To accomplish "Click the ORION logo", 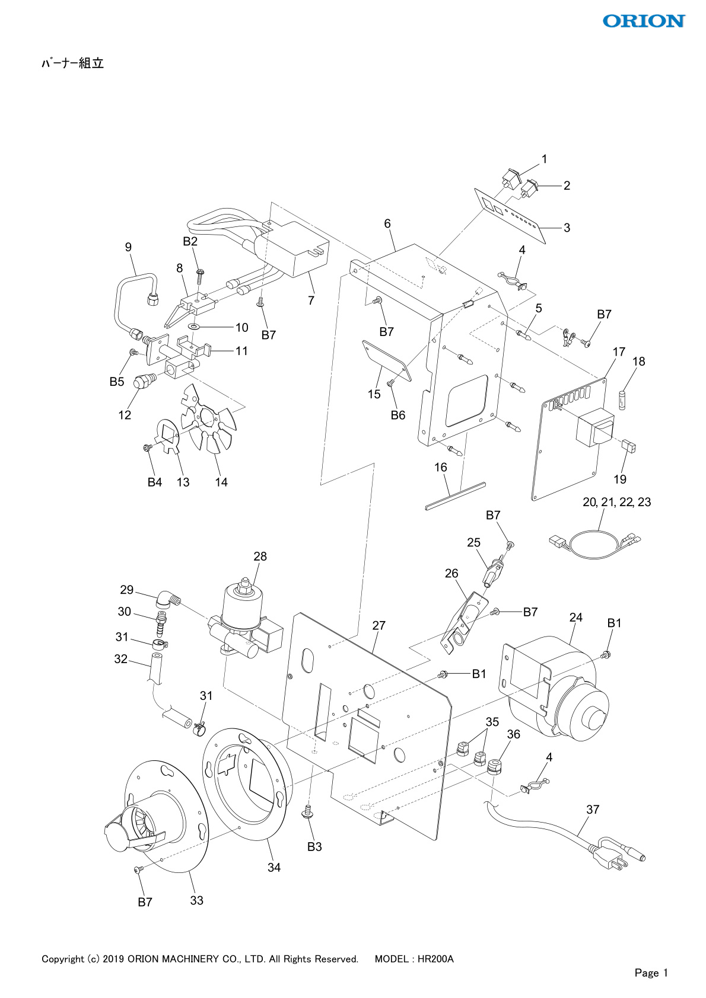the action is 644,21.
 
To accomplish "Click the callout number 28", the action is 260,556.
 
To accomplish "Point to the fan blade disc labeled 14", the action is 209,418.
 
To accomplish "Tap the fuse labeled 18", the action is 622,400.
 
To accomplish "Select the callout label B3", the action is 314,846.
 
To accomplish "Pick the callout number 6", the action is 387,223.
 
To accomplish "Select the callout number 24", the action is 575,617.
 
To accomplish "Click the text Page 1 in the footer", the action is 651,973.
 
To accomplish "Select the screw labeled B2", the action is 200,276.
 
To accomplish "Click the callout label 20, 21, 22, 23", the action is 617,502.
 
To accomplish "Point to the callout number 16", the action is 441,467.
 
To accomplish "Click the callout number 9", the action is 129,247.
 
